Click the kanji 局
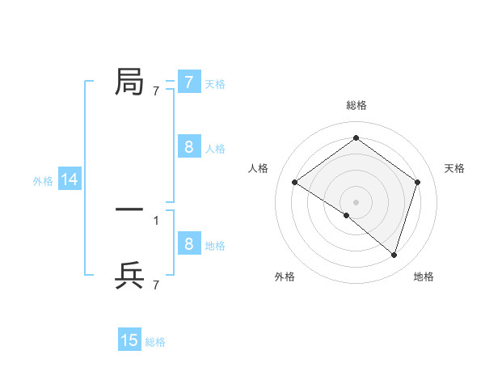click(129, 82)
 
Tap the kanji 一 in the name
click(129, 209)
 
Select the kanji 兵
click(129, 275)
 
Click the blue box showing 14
click(70, 180)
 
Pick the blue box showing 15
click(129, 340)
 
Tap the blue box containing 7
click(188, 82)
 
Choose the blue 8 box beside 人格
click(188, 147)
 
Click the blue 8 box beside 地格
click(188, 244)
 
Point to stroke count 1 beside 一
click(156, 220)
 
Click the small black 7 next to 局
click(156, 91)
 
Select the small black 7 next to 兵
click(156, 285)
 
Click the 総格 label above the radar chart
click(356, 105)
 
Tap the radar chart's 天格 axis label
click(454, 168)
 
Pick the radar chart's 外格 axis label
click(285, 277)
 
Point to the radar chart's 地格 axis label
click(424, 277)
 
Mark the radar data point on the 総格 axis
click(356, 137)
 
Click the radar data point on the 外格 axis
click(347, 215)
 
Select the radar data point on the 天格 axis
click(417, 182)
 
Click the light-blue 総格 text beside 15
click(155, 342)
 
